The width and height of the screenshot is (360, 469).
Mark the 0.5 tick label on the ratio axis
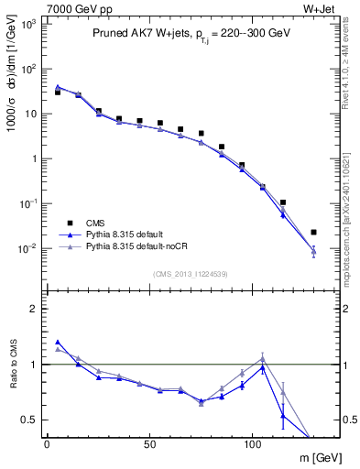click(29, 420)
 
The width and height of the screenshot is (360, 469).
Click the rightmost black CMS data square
click(313, 233)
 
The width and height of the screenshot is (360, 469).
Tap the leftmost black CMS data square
click(57, 93)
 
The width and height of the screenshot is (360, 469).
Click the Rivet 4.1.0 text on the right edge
click(350, 54)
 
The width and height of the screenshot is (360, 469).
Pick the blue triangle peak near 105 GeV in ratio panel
click(262, 367)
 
